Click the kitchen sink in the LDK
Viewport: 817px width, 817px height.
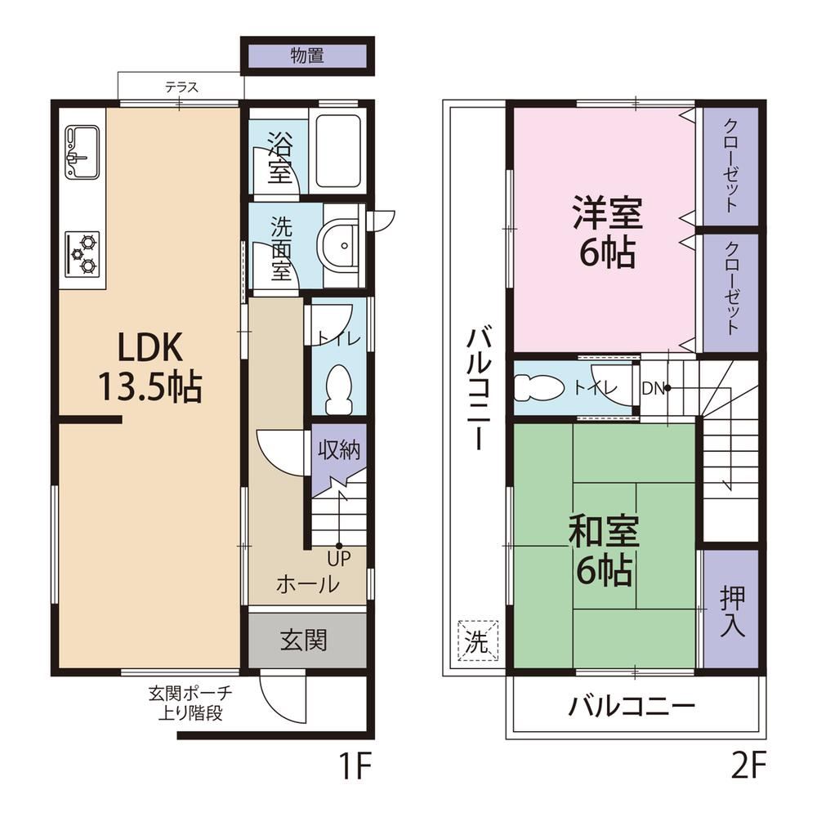pos(83,151)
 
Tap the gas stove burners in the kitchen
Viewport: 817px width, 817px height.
pos(83,254)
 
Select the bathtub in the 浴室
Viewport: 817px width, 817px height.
pos(338,152)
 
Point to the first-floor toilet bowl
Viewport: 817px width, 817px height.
pos(339,389)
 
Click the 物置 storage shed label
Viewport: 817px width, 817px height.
pos(307,56)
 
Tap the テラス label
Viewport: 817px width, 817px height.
pos(182,87)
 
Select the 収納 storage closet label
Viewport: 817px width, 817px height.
pos(339,449)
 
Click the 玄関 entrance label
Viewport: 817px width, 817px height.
pos(304,640)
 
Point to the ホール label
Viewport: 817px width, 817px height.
pos(308,584)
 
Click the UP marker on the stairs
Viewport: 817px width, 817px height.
pos(339,559)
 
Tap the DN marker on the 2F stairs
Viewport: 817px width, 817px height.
pos(653,388)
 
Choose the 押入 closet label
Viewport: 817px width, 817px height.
pos(732,612)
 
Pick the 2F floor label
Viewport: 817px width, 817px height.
pos(748,766)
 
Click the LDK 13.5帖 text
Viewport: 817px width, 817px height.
pos(150,368)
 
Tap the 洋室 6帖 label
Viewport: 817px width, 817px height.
pos(608,231)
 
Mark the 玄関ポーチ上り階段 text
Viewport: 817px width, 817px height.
pos(190,703)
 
